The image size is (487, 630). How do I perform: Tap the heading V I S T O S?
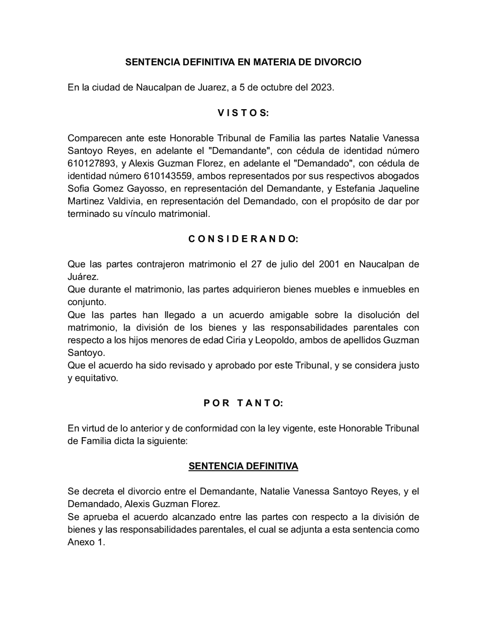click(x=243, y=113)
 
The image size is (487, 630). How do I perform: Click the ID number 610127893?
click(x=92, y=164)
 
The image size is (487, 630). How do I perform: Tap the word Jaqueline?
click(x=399, y=189)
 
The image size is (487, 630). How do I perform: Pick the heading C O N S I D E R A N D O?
click(x=243, y=239)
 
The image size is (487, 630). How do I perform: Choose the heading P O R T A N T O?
click(x=243, y=403)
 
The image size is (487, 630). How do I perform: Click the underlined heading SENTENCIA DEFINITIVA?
click(x=243, y=466)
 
